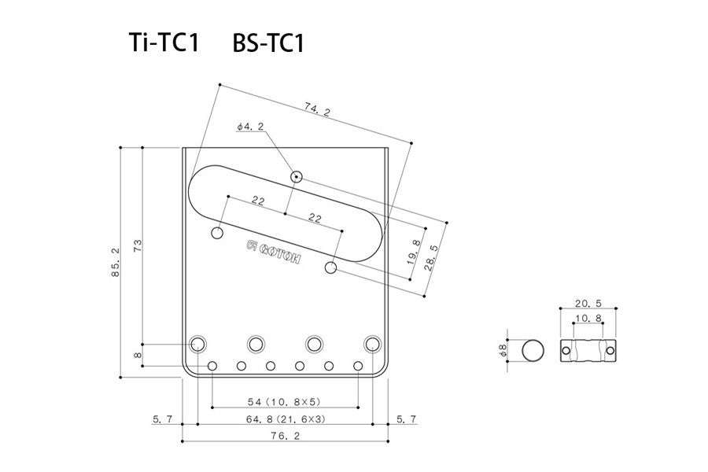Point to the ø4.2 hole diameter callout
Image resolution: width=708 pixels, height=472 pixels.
point(249,126)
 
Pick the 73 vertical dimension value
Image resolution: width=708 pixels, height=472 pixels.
point(138,246)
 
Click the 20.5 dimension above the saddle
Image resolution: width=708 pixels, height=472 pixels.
point(588,303)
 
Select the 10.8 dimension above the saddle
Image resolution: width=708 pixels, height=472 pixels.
point(588,319)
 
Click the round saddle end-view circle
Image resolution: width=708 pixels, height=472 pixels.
point(534,351)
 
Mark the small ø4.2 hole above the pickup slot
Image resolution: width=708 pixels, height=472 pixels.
point(296,176)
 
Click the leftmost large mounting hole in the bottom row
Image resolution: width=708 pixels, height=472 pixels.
point(197,344)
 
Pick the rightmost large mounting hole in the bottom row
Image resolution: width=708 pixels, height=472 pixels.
point(373,344)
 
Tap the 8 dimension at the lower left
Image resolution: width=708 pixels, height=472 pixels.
point(138,356)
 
